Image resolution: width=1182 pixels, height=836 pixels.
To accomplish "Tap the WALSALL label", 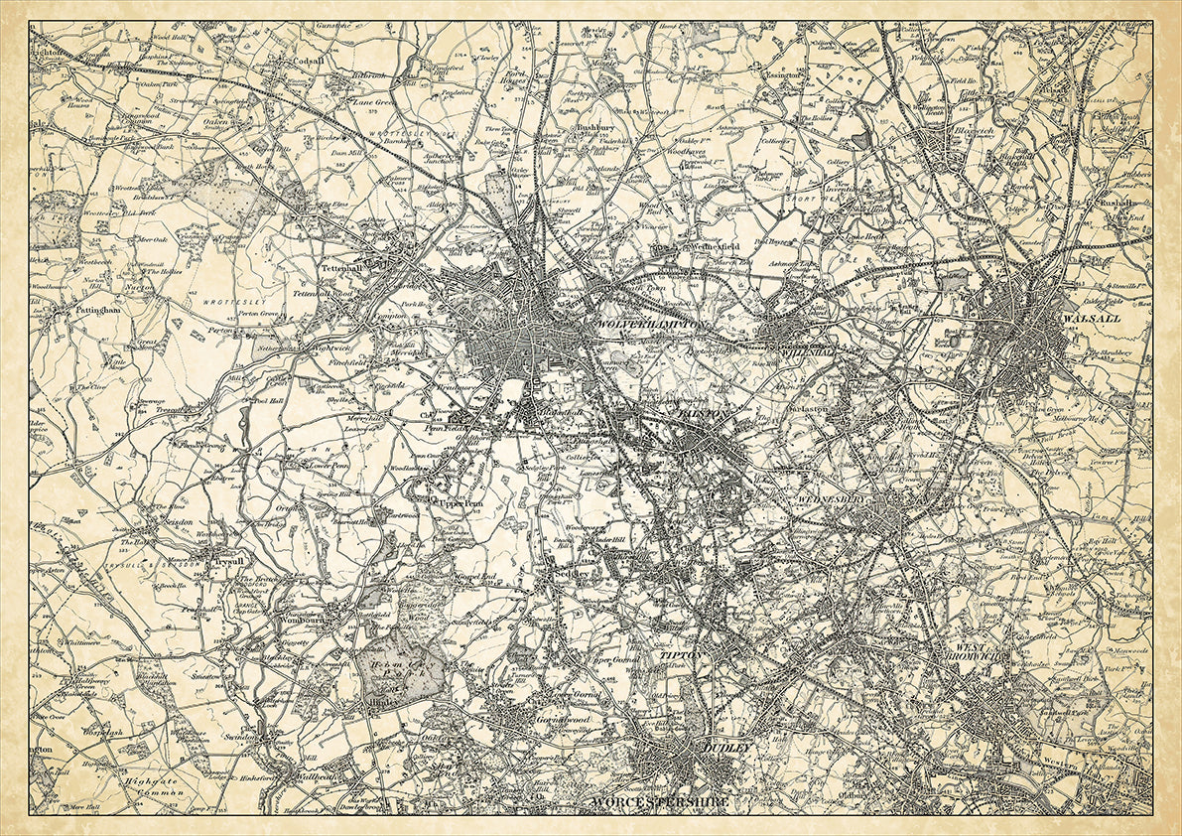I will (1090, 319).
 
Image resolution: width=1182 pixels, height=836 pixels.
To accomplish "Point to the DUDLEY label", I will (728, 747).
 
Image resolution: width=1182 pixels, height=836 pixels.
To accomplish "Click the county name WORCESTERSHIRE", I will (659, 801).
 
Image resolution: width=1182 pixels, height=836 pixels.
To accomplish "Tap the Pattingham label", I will (97, 310).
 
